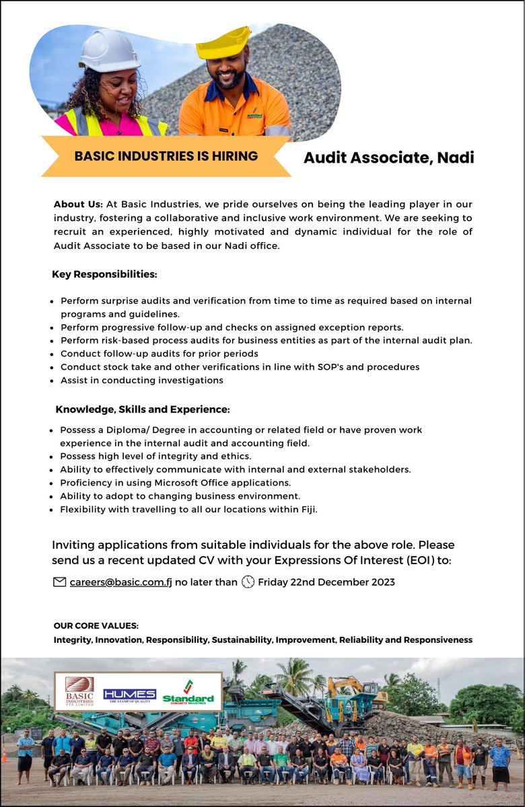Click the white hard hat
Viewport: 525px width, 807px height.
click(x=109, y=50)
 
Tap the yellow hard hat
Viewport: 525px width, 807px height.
click(x=225, y=44)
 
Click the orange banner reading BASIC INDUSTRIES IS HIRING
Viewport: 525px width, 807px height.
click(x=166, y=156)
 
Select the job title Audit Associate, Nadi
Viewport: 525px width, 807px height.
click(x=388, y=157)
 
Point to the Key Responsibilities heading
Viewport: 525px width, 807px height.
click(x=104, y=274)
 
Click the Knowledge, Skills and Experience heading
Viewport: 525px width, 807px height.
click(x=143, y=409)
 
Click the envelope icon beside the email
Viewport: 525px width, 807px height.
click(x=59, y=582)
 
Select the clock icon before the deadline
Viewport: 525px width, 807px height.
click(x=248, y=582)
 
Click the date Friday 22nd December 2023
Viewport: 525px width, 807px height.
click(x=326, y=582)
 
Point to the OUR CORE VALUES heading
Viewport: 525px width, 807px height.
click(x=96, y=625)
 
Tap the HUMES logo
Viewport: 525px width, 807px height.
click(x=129, y=695)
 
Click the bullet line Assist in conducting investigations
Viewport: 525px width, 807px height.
click(x=141, y=380)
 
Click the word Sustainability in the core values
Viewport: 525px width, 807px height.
click(x=242, y=640)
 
